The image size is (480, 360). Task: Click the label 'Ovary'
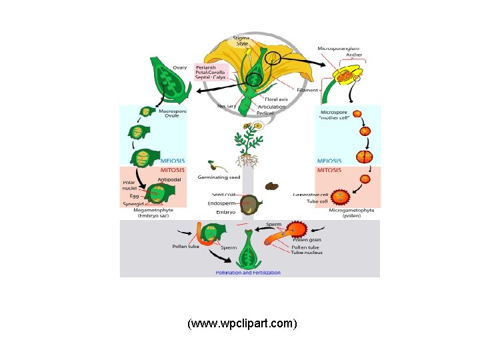(180, 67)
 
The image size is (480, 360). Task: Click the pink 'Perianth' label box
(211, 73)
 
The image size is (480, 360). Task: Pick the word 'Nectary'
(227, 105)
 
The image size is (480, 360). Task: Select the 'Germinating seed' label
(223, 177)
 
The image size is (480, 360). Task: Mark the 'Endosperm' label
(221, 203)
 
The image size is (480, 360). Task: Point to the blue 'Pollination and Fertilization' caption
(248, 273)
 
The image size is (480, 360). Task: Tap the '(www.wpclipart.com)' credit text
(242, 324)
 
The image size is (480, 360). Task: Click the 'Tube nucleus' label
(307, 253)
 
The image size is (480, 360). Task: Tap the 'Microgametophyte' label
(351, 211)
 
